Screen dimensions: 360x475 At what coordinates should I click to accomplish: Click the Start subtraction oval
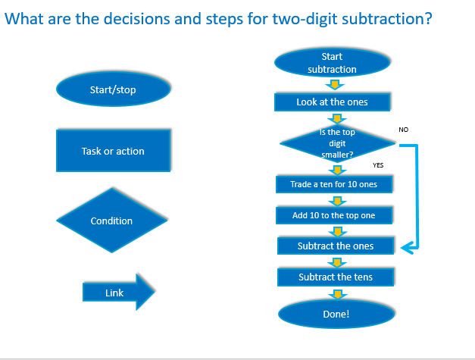pos(332,63)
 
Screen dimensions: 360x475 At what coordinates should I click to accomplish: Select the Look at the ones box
pos(333,101)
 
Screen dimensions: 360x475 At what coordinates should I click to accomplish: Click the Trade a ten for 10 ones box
pos(333,184)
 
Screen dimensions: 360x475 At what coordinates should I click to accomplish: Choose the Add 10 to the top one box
pos(333,215)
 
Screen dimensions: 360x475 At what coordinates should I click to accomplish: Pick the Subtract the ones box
pos(335,246)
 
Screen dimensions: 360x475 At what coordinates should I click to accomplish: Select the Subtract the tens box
pos(336,277)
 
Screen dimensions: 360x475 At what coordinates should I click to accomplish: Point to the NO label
pos(403,130)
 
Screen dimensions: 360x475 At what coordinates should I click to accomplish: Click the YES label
pos(378,164)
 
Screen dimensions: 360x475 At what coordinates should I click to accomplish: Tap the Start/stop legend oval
pos(112,91)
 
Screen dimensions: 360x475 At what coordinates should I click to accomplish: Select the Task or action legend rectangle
pos(112,151)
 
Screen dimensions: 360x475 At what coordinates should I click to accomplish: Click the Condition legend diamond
pos(111,221)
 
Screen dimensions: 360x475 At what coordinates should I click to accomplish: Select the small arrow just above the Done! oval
pos(336,294)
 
